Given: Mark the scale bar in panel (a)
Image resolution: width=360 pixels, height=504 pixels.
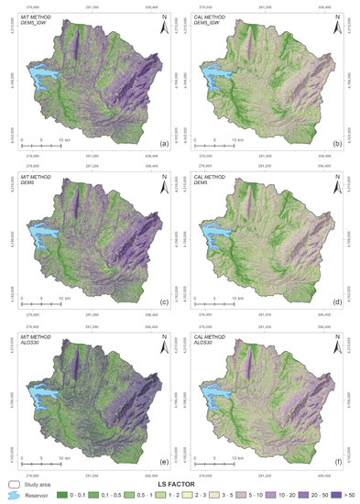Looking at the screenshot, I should (x=41, y=145).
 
